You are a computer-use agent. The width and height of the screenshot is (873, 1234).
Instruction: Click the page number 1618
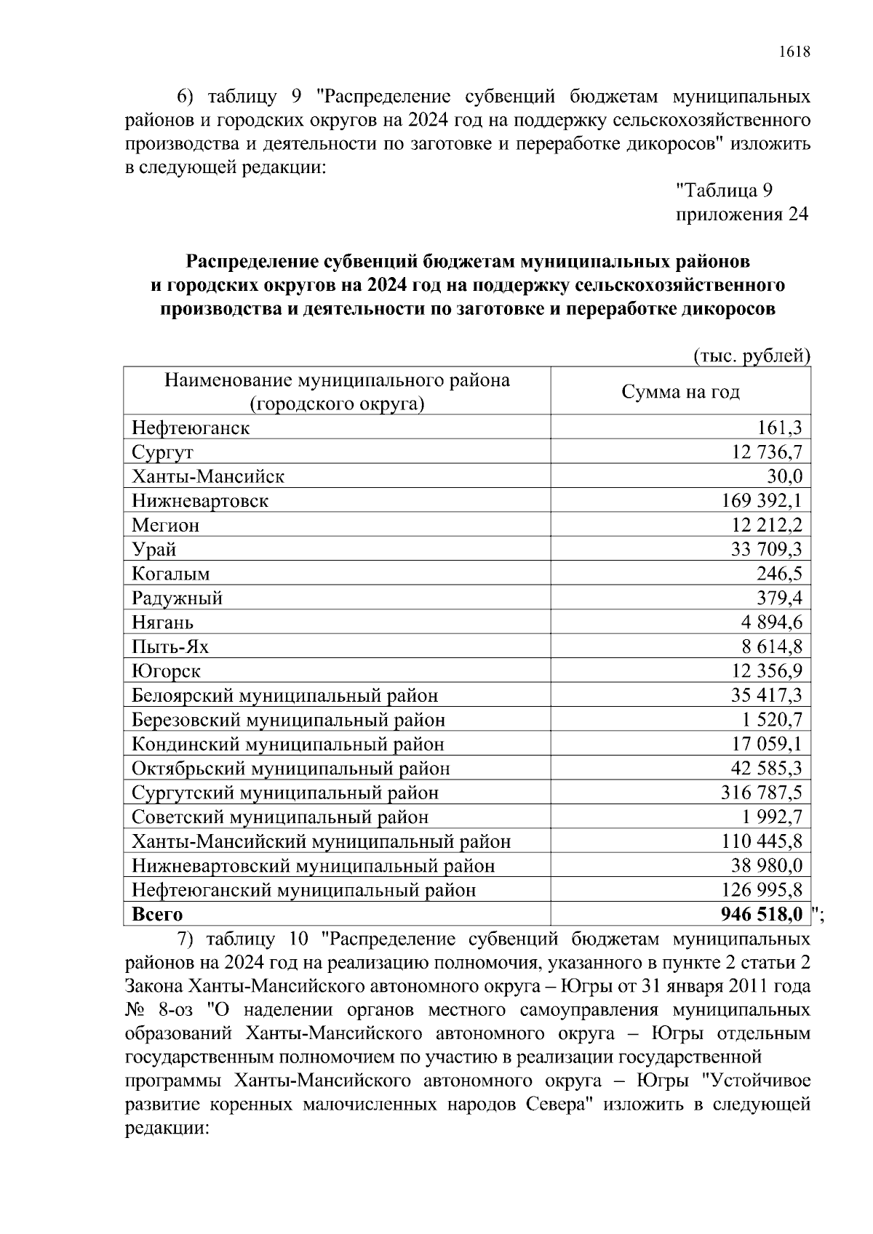click(794, 52)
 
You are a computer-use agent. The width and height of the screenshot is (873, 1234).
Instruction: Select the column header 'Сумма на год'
click(680, 392)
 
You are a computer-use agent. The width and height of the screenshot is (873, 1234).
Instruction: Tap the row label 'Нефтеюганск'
click(191, 428)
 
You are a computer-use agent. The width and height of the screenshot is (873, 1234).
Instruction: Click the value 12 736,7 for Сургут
click(767, 452)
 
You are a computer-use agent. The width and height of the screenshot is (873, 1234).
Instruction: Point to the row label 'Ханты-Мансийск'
click(208, 477)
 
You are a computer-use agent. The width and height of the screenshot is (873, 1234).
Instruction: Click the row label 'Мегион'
click(166, 525)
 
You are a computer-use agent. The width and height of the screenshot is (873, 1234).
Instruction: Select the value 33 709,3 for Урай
click(767, 549)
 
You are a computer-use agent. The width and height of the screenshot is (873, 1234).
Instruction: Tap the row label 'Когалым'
click(171, 574)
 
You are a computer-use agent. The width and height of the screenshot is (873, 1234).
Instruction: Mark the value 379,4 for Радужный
click(780, 598)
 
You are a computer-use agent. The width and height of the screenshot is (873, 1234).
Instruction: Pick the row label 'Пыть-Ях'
click(170, 646)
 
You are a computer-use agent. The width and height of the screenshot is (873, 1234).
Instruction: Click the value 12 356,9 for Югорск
click(767, 671)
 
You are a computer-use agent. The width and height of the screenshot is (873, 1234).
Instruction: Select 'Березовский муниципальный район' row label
click(288, 720)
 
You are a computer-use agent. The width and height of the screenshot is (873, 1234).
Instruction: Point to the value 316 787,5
click(762, 793)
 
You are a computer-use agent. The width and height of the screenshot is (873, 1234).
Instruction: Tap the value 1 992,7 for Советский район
click(771, 817)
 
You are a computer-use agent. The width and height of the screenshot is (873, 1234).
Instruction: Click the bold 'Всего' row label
click(157, 914)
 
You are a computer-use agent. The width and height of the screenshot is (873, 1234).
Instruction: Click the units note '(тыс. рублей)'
click(752, 356)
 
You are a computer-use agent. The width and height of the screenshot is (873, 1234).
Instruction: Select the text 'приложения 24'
click(742, 215)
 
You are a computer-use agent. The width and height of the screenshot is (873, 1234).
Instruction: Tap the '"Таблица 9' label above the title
click(724, 191)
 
